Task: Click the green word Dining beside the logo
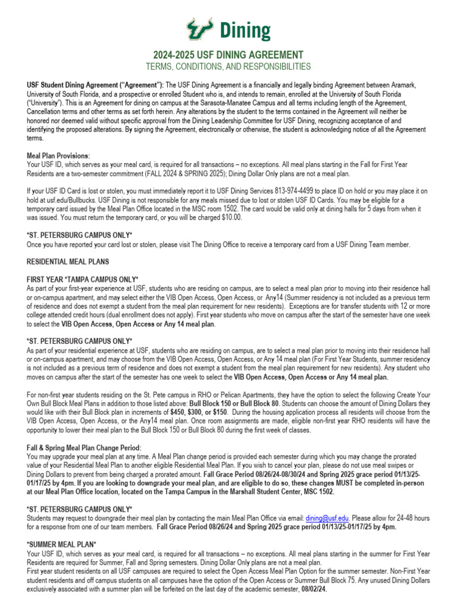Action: click(x=245, y=30)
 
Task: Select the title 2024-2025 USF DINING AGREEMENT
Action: click(x=228, y=54)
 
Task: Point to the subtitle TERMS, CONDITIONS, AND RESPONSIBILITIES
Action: click(x=228, y=66)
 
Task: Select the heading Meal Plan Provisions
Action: click(x=58, y=155)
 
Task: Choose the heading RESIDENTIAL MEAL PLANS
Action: click(x=68, y=262)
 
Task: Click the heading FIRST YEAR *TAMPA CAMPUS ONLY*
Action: click(x=83, y=279)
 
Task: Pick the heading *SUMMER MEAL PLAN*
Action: click(x=61, y=544)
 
